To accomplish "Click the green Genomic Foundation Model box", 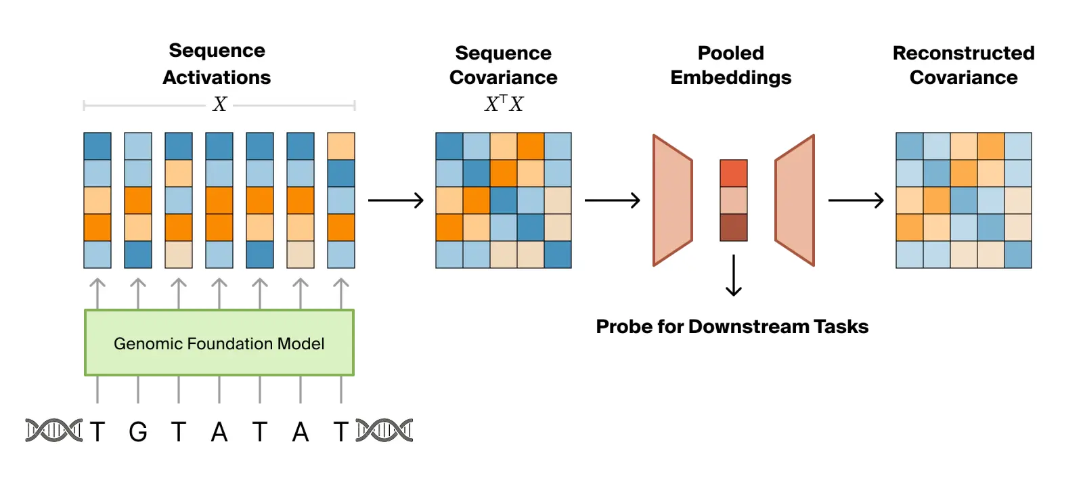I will tap(219, 343).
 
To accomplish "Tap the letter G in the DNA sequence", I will tap(138, 431).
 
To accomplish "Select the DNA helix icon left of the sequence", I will tap(53, 431).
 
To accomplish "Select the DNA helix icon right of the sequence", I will tap(384, 431).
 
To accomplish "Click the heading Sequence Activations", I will tap(217, 64).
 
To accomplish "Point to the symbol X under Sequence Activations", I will tap(219, 104).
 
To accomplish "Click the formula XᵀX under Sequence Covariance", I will tap(504, 104).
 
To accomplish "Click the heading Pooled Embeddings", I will tap(730, 65).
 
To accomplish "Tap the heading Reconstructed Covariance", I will tap(963, 65).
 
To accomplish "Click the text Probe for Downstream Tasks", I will tap(732, 326).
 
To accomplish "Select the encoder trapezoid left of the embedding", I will tap(672, 200).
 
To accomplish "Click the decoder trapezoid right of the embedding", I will tap(795, 200).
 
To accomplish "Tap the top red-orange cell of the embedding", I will tap(733, 173).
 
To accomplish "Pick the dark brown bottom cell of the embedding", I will tap(733, 227).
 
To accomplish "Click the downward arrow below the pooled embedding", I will tap(733, 276).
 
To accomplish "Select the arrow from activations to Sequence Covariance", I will tap(395, 200).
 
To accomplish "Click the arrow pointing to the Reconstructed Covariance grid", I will tap(856, 200).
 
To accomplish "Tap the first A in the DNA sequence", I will tap(219, 431).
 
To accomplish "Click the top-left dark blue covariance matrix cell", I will tap(449, 146).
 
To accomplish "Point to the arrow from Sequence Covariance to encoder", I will tap(612, 200).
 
